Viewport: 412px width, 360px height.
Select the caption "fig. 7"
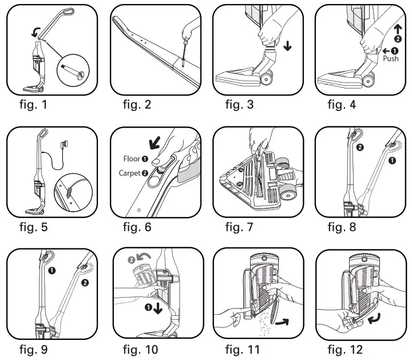pos(239,227)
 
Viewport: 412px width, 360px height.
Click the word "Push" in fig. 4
pos(390,58)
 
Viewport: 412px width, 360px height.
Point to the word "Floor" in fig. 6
pos(132,159)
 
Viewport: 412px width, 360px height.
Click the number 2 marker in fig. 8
pos(360,147)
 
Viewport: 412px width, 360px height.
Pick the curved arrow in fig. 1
pos(35,35)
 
